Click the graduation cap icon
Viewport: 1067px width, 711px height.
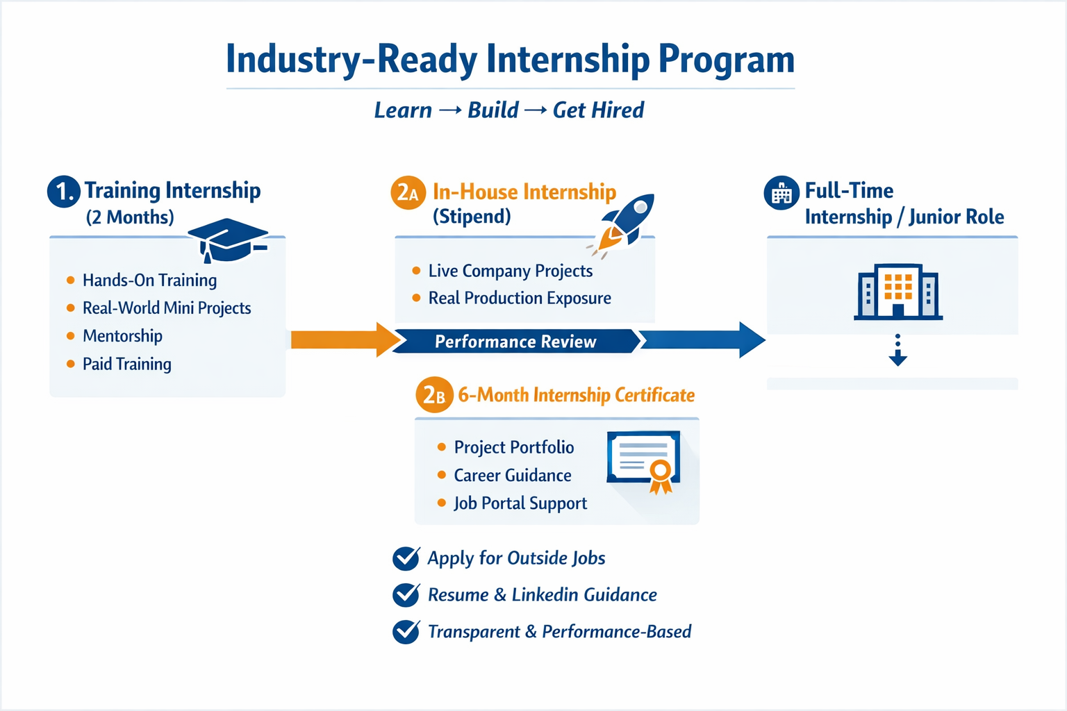click(x=228, y=240)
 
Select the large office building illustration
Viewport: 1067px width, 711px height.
click(x=898, y=292)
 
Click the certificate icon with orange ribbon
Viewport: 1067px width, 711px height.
click(x=643, y=461)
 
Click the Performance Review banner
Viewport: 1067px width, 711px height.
click(x=516, y=342)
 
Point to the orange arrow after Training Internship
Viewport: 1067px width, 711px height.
click(x=346, y=340)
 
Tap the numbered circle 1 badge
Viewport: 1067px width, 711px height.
click(x=63, y=192)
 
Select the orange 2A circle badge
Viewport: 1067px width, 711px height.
click(x=408, y=193)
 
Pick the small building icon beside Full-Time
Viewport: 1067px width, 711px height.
click(x=781, y=193)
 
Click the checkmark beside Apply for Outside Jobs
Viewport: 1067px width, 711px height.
click(x=406, y=558)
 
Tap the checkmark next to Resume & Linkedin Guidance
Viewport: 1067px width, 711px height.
click(x=406, y=595)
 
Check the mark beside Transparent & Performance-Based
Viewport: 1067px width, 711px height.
click(x=406, y=632)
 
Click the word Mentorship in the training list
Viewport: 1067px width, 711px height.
click(x=122, y=336)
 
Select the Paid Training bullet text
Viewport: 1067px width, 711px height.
click(x=127, y=365)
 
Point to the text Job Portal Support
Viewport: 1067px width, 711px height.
click(x=520, y=503)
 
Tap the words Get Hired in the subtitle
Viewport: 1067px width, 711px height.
click(x=598, y=110)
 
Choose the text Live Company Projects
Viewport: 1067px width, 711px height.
click(x=511, y=271)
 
